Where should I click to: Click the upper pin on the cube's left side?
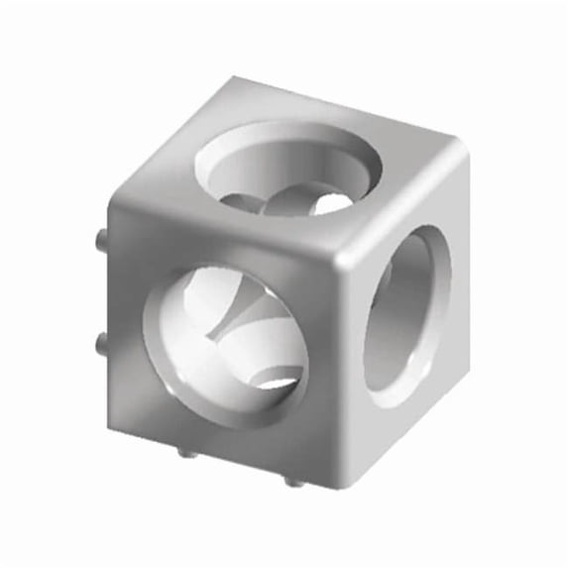[101, 239]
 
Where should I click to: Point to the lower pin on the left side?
[101, 344]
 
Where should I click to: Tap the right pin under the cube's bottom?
[291, 480]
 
